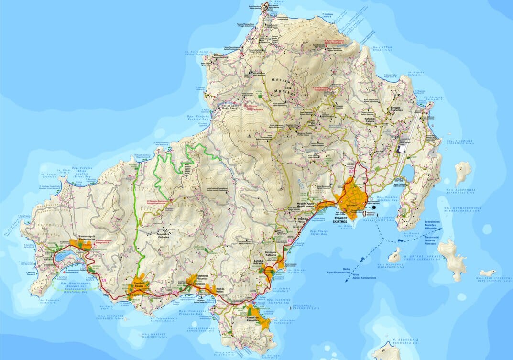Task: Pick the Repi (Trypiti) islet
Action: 487,273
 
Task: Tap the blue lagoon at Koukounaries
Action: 65,257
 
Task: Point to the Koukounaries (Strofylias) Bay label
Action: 76,288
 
